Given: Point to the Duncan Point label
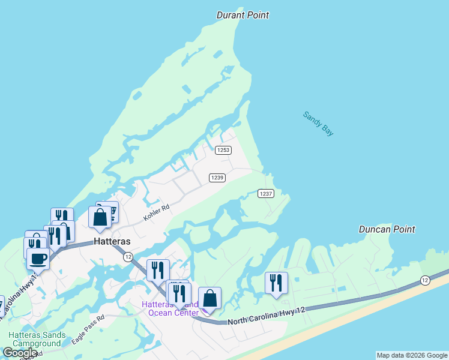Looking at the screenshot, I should (387, 229).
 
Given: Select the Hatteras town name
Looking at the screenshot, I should (112, 241).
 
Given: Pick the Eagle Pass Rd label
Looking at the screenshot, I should (88, 330).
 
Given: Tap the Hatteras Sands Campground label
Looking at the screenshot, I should (34, 340).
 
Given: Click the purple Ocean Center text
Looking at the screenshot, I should (173, 313).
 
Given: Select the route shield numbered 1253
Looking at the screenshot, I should (223, 150).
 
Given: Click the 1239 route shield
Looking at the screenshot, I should (217, 178).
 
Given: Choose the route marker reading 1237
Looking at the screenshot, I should (266, 193).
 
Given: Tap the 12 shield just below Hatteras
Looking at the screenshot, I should (128, 257).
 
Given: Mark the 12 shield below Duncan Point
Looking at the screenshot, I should (425, 280).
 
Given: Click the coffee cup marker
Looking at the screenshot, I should (38, 259).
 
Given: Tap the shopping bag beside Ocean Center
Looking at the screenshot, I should (209, 298).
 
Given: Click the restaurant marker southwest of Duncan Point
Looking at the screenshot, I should (276, 283).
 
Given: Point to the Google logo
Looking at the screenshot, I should (20, 353).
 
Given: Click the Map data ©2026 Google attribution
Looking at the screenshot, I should (412, 355).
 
